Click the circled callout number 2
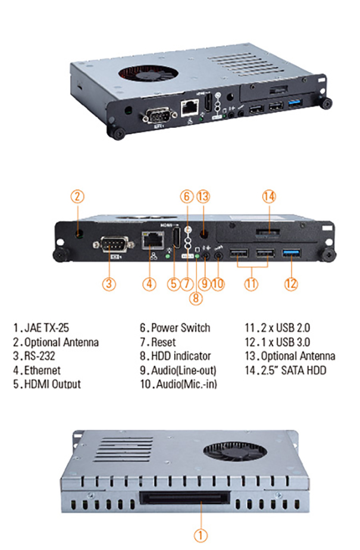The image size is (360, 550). click(x=79, y=196)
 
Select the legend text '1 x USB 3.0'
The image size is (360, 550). click(x=282, y=342)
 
